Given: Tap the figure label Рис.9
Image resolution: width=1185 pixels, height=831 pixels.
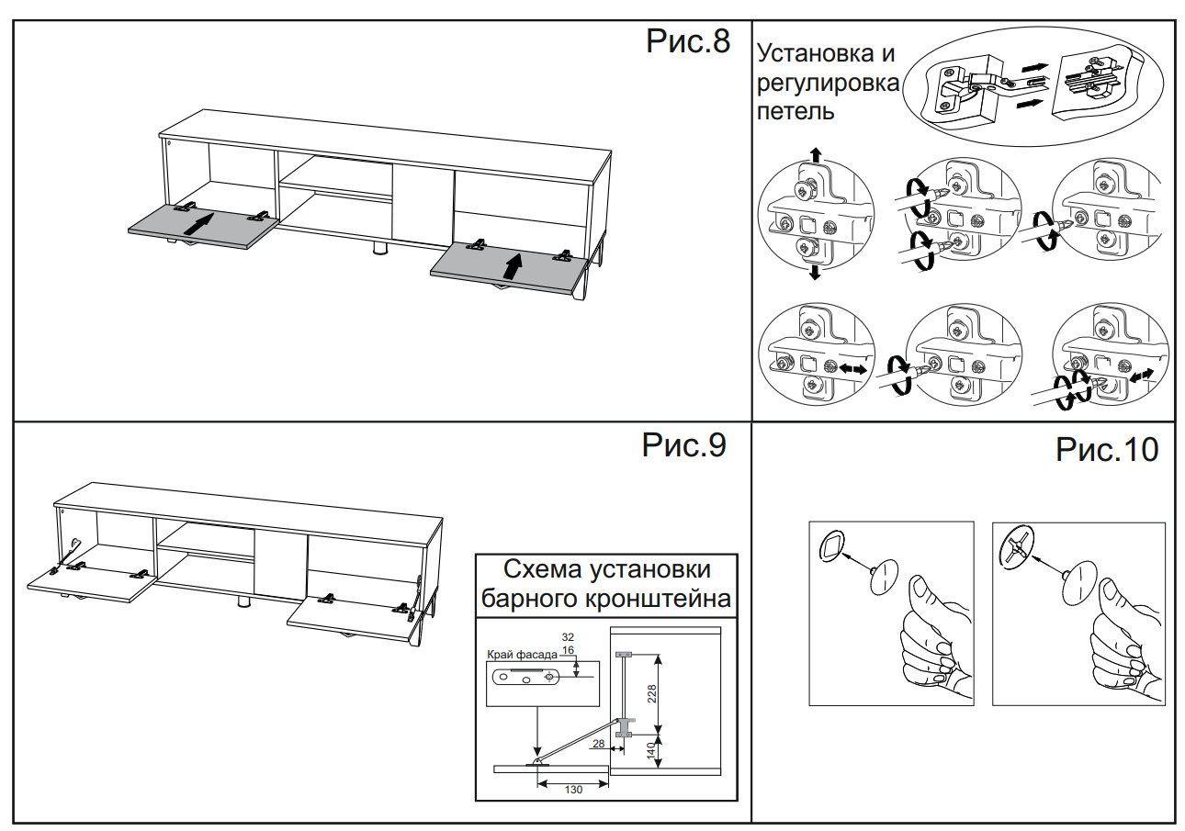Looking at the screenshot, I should [x=683, y=445].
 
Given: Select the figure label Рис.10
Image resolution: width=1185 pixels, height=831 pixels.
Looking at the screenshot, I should [x=1107, y=450].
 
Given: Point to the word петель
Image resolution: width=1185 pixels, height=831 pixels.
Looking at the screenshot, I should [x=796, y=113].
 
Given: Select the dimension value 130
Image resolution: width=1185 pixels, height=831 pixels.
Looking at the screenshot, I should [x=573, y=791].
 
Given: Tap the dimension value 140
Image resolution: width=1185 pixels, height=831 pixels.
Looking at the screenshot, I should [x=651, y=750].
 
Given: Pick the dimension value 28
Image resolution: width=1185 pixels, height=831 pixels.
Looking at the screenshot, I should [x=599, y=744].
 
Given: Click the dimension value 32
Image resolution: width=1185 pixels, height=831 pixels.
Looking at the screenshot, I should [x=568, y=636].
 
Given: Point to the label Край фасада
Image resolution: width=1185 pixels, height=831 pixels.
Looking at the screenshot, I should [x=522, y=655].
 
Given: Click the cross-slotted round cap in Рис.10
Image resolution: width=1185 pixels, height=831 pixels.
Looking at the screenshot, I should [x=1013, y=547].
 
